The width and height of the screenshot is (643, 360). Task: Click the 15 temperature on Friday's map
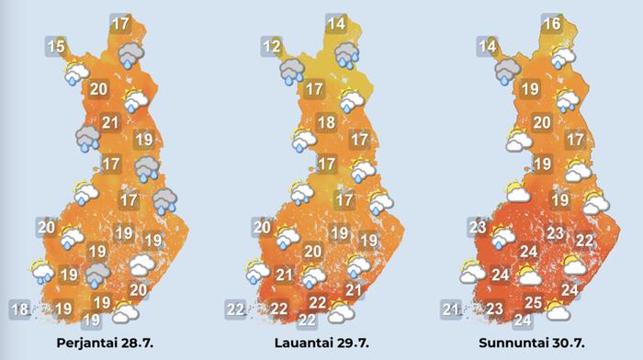tap(56, 46)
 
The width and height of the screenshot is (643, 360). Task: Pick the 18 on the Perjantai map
tap(18, 309)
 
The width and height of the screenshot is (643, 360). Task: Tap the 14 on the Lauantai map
tap(335, 25)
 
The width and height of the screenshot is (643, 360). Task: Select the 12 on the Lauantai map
tap(271, 46)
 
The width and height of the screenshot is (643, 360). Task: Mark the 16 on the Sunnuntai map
tap(551, 25)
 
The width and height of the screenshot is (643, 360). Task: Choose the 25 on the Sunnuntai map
tap(532, 302)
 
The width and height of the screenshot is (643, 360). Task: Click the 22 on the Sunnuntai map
tap(583, 240)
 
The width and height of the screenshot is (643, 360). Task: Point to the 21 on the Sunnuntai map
tap(451, 309)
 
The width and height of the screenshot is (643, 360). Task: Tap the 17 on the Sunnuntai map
tap(575, 141)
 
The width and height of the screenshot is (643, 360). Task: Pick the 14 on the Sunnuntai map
tap(487, 46)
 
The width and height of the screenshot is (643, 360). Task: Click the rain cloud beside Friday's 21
tap(88, 139)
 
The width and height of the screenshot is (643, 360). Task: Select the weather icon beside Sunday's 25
tap(557, 311)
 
